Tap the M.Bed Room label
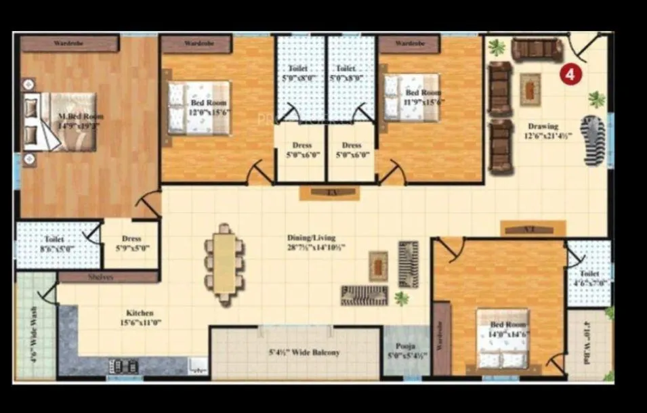point(81,121)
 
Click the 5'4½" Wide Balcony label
point(304,353)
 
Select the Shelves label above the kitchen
point(101,277)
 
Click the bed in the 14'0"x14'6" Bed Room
point(501,339)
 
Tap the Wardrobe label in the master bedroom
point(69,44)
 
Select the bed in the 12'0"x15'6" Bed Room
point(199,108)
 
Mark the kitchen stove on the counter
point(124,366)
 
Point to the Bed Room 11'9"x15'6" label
point(423,97)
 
